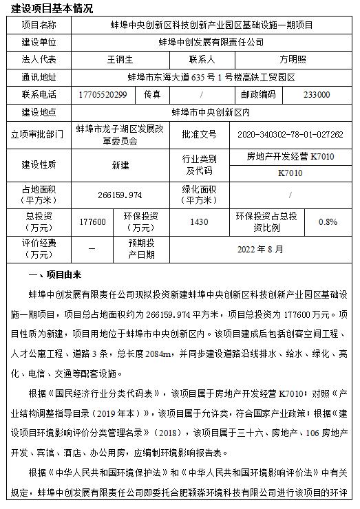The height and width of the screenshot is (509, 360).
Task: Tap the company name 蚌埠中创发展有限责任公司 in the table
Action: click(211, 43)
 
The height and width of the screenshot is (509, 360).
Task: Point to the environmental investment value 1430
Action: click(199, 222)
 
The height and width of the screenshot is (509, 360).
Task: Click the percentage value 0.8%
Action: click(328, 222)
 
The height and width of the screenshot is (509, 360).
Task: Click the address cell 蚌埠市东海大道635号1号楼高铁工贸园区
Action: click(211, 77)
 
